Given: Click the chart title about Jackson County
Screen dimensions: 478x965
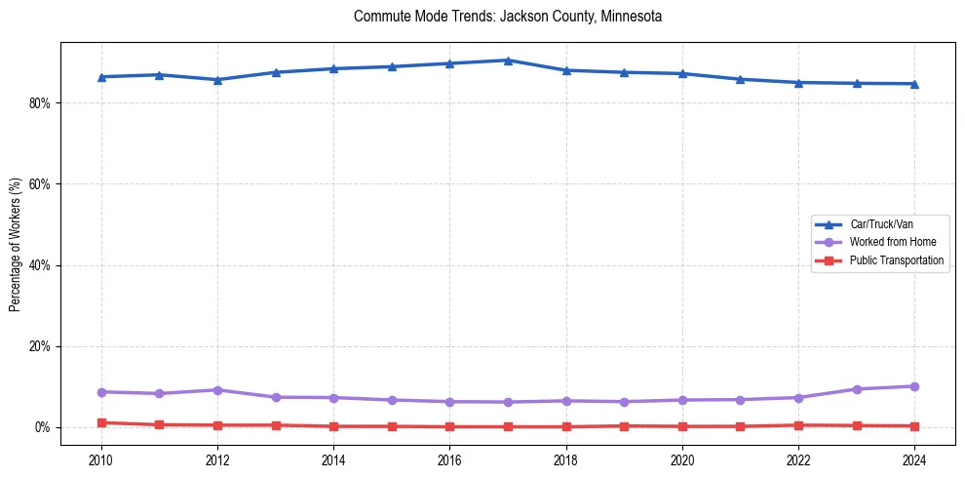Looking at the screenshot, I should [x=508, y=17].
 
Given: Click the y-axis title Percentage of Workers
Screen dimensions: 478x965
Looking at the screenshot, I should [x=15, y=244].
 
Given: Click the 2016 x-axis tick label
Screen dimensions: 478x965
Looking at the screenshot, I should [x=449, y=458].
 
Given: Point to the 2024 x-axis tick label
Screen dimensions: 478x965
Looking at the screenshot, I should [x=914, y=458].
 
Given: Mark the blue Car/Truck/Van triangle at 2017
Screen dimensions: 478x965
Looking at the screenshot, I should [x=508, y=60].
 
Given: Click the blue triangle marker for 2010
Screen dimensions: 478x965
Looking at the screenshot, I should [x=101, y=76].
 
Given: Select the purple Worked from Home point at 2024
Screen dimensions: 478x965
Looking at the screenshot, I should [x=914, y=386].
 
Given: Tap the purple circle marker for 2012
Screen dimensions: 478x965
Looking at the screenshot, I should [x=217, y=390].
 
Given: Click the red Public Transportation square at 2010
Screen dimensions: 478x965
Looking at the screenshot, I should [x=101, y=422].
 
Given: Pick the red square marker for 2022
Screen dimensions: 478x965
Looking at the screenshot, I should [x=798, y=425].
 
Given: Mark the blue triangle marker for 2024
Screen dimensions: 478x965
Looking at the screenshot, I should [x=914, y=84].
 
